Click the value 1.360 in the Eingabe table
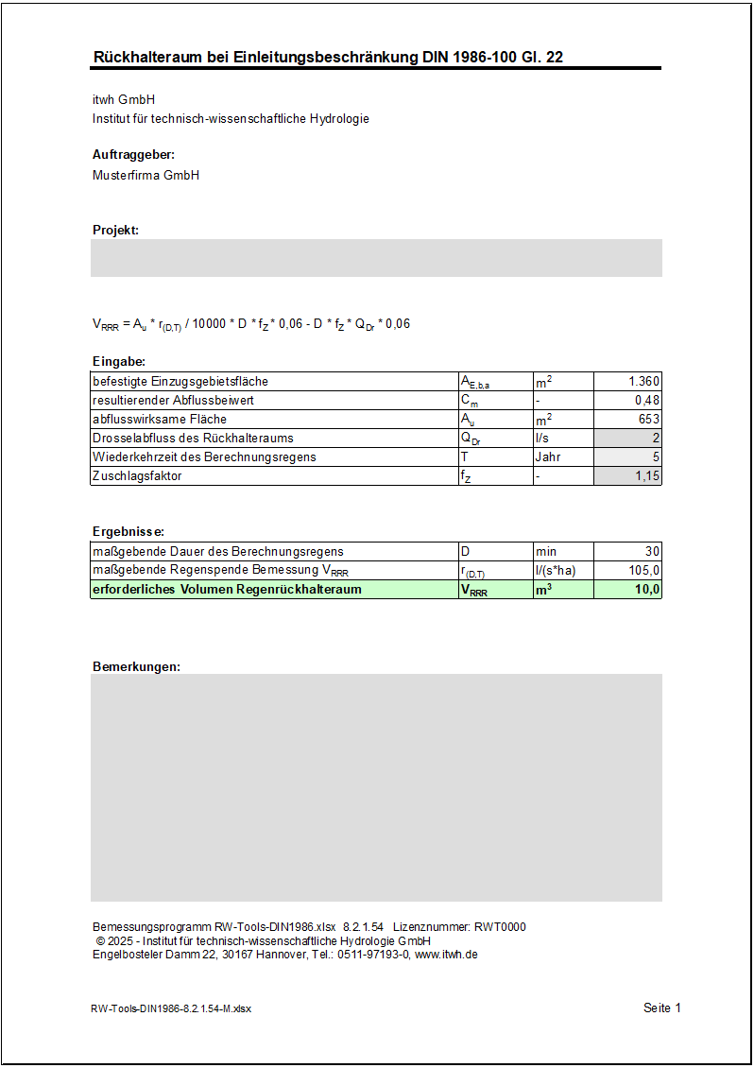643,382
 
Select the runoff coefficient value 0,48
647,401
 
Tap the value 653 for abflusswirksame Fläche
649,420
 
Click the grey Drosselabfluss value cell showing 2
628,439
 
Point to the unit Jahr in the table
548,457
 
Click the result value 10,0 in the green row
647,590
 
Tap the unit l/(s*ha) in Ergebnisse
556,571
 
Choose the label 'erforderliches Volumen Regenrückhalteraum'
227,590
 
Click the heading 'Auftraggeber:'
133,155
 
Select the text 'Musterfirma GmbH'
146,176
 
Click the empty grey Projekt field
376,258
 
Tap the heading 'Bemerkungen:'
136,667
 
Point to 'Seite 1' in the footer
661,1008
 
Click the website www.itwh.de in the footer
446,955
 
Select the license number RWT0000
499,927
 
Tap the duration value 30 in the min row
652,552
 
